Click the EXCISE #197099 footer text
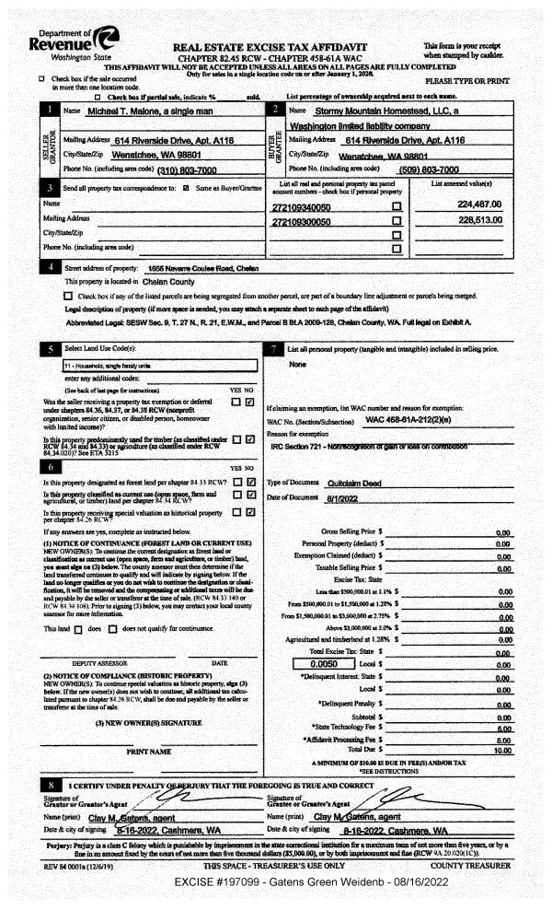276,882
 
